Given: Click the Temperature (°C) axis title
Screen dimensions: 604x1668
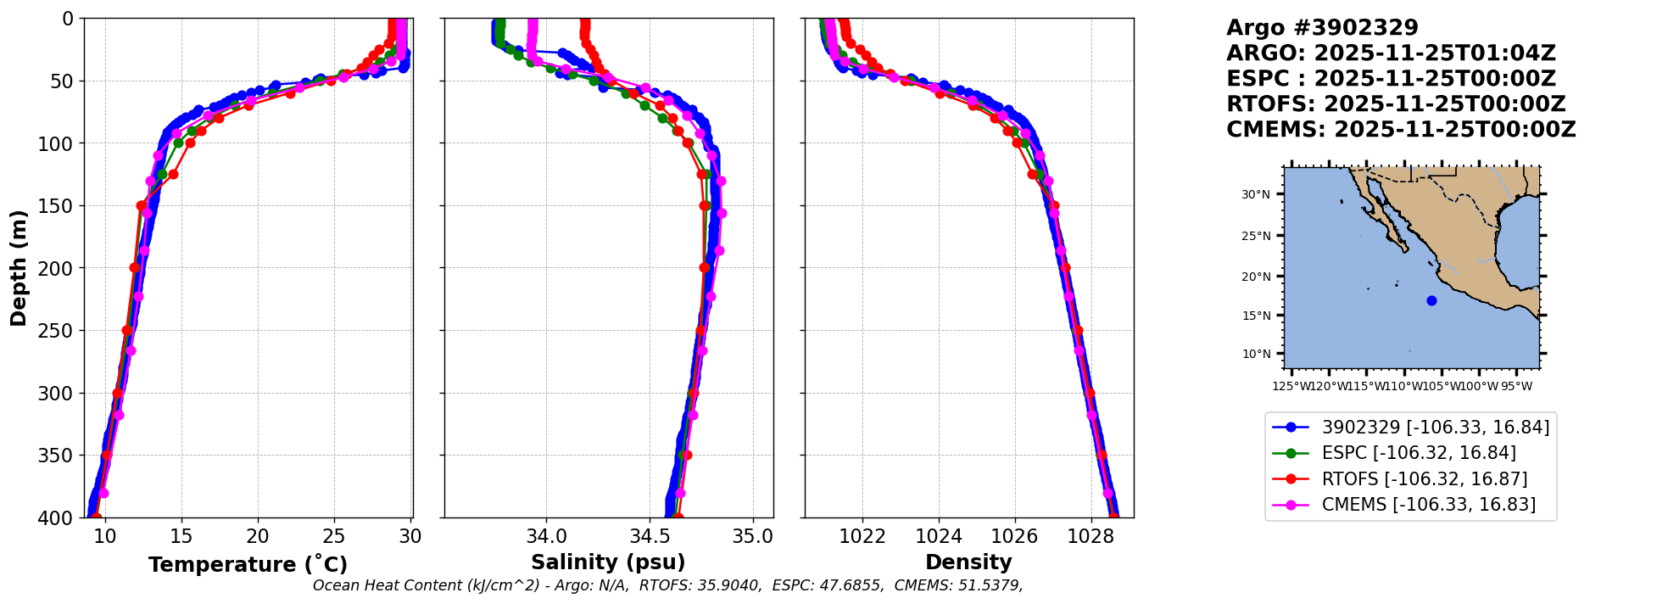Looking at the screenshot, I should [x=248, y=565].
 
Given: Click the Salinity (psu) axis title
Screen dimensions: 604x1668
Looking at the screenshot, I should [x=608, y=562].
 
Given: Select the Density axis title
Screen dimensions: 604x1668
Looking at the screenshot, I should [x=968, y=562].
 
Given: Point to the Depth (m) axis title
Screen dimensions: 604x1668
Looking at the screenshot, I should [x=19, y=267].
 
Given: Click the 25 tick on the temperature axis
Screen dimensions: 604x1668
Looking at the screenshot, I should [x=334, y=536].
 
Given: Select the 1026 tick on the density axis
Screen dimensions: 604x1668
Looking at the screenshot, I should [x=1014, y=536].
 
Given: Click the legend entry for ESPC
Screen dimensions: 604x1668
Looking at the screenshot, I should [x=1419, y=453].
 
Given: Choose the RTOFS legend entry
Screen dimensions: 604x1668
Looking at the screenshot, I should [x=1425, y=478].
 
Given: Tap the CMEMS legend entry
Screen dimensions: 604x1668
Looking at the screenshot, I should [x=1428, y=505].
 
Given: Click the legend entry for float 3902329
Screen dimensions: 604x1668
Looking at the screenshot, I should [x=1435, y=427].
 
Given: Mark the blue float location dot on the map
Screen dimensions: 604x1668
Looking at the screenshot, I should [x=1431, y=300].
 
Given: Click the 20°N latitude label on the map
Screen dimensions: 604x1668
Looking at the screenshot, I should [x=1257, y=277].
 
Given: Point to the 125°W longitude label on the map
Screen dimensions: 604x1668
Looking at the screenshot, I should [x=1290, y=387].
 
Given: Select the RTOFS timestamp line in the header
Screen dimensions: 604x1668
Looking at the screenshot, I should [x=1396, y=104].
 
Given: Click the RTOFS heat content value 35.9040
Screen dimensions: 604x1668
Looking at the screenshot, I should [x=732, y=585].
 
